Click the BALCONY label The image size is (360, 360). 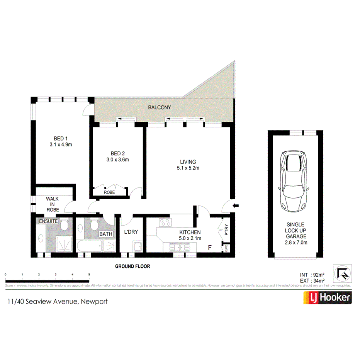pos(159,107)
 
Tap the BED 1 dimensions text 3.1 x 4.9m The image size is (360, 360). pos(61,145)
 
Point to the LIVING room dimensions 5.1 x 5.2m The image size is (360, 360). pos(188,168)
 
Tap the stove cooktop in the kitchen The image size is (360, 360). pos(165,222)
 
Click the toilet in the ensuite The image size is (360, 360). pos(64,225)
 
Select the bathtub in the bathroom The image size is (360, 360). pos(90,246)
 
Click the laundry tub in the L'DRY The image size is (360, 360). pos(137,246)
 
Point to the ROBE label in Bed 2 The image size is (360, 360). pos(109,192)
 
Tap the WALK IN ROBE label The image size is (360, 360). pos(53,204)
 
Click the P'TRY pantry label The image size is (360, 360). pos(226,231)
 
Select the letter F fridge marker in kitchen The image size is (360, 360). pos(210,247)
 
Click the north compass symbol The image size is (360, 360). pos(343,273)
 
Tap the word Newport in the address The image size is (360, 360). pos(93,301)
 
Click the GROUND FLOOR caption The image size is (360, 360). pos(132,266)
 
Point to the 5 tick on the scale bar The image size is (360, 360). pos(89,274)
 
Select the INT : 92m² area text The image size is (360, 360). pos(312,275)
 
